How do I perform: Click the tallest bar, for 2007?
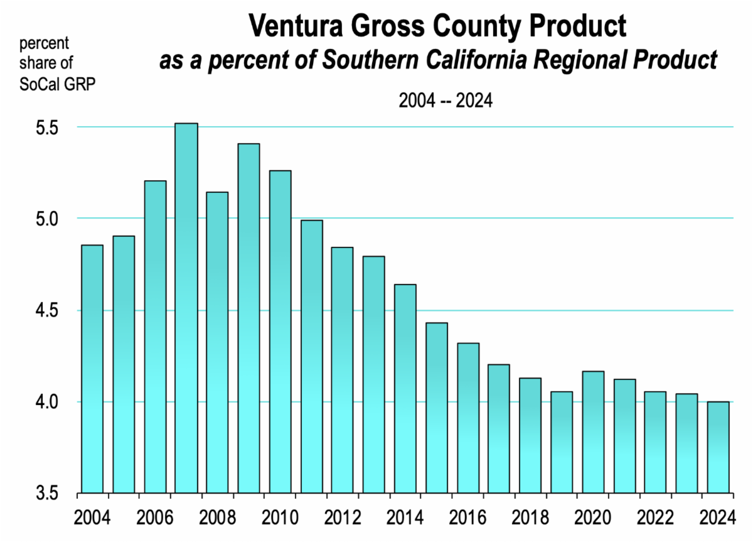(x=186, y=308)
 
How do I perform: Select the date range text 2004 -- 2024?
(x=446, y=100)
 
